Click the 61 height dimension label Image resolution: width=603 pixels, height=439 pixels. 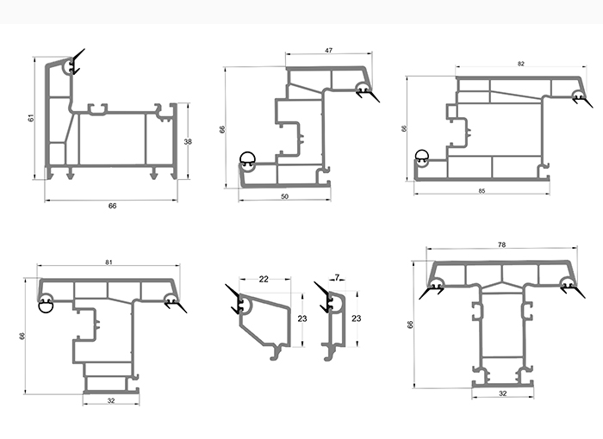point(31,118)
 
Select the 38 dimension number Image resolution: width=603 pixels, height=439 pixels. point(188,141)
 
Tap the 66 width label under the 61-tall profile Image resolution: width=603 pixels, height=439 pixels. point(112,206)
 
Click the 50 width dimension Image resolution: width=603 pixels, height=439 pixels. point(285,197)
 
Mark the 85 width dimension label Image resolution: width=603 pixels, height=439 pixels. point(482,190)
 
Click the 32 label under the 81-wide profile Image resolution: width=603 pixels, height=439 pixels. point(111,400)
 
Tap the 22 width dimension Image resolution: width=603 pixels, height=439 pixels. point(264,278)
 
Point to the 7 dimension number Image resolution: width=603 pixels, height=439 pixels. point(337,277)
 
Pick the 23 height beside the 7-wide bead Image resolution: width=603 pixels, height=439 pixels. point(356,318)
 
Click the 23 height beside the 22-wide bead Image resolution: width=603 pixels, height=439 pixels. point(301,318)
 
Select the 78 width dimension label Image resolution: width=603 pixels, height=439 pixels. point(501,245)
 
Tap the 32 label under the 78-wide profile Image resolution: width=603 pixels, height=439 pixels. point(502,393)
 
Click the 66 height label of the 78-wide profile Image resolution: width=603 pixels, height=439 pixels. point(410,325)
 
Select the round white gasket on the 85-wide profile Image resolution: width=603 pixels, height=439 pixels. point(421,157)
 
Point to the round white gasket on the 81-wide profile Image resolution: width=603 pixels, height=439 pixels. point(46,301)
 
